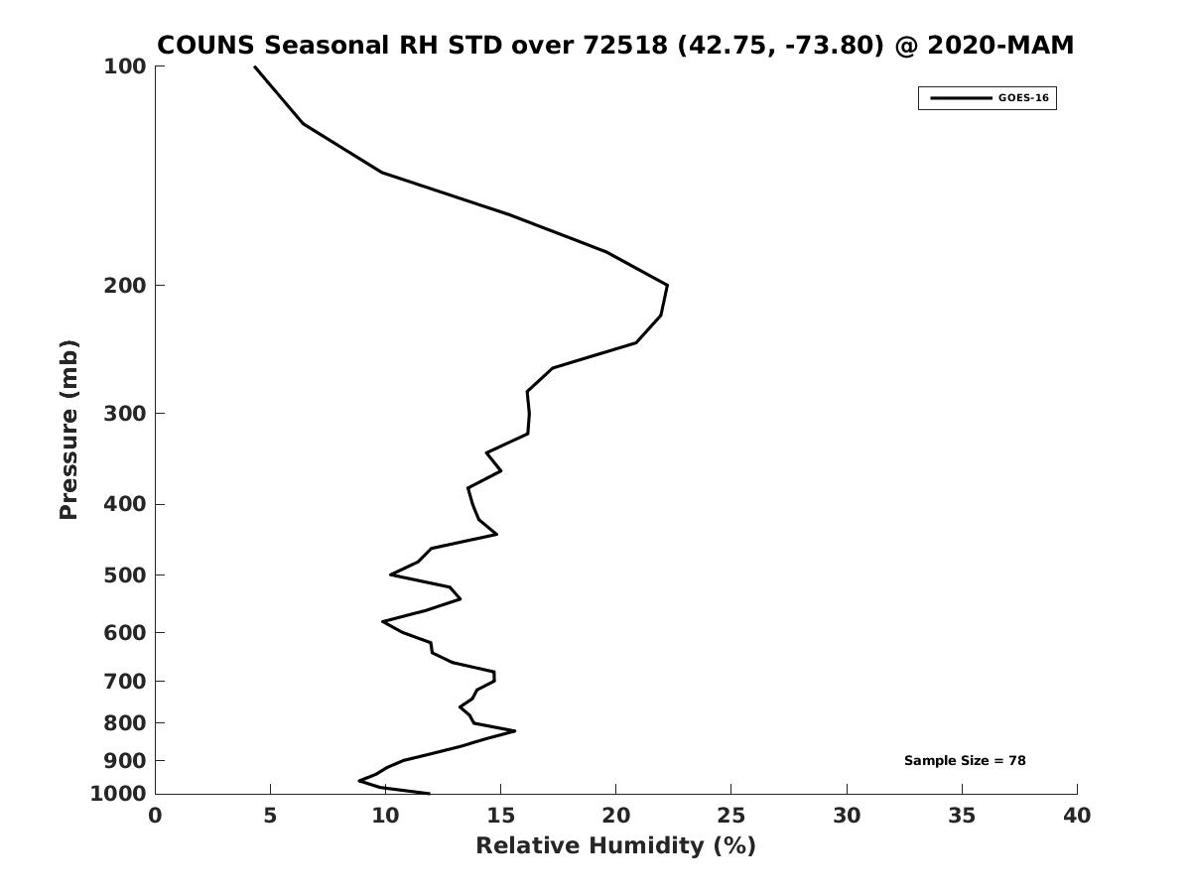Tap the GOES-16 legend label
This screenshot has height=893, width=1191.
1023,98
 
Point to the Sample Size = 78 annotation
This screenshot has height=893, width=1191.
965,761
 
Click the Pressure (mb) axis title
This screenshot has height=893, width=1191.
68,430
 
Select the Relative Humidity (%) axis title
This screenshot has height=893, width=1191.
615,845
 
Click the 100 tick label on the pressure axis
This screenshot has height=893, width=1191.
125,66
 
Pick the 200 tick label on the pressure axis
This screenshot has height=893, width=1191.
125,286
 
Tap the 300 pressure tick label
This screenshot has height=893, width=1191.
125,413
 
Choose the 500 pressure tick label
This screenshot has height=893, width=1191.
125,575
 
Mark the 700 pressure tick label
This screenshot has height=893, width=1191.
125,682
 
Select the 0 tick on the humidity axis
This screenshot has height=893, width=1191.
156,816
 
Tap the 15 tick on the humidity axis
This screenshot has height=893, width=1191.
500,816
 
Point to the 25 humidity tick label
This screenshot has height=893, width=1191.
731,816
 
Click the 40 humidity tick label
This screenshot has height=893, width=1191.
1077,816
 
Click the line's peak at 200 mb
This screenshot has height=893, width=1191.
667,286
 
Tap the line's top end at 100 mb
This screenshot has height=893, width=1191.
255,66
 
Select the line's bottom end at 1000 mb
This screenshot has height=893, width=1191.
429,793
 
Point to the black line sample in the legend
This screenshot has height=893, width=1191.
960,98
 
